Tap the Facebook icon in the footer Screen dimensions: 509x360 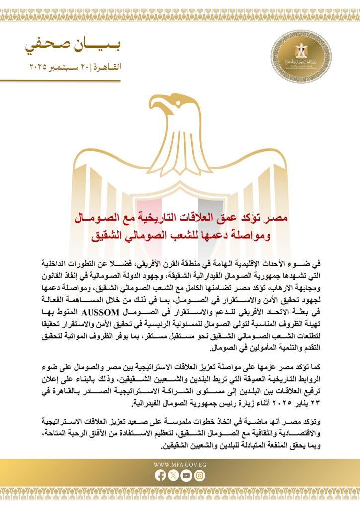click(x=160, y=475)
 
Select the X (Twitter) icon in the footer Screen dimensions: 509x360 click(x=174, y=475)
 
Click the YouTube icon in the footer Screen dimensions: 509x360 click(x=186, y=475)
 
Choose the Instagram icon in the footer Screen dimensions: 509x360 click(x=199, y=475)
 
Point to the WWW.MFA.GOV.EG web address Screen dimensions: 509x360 click(x=180, y=465)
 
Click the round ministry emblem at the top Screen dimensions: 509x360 click(x=297, y=54)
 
